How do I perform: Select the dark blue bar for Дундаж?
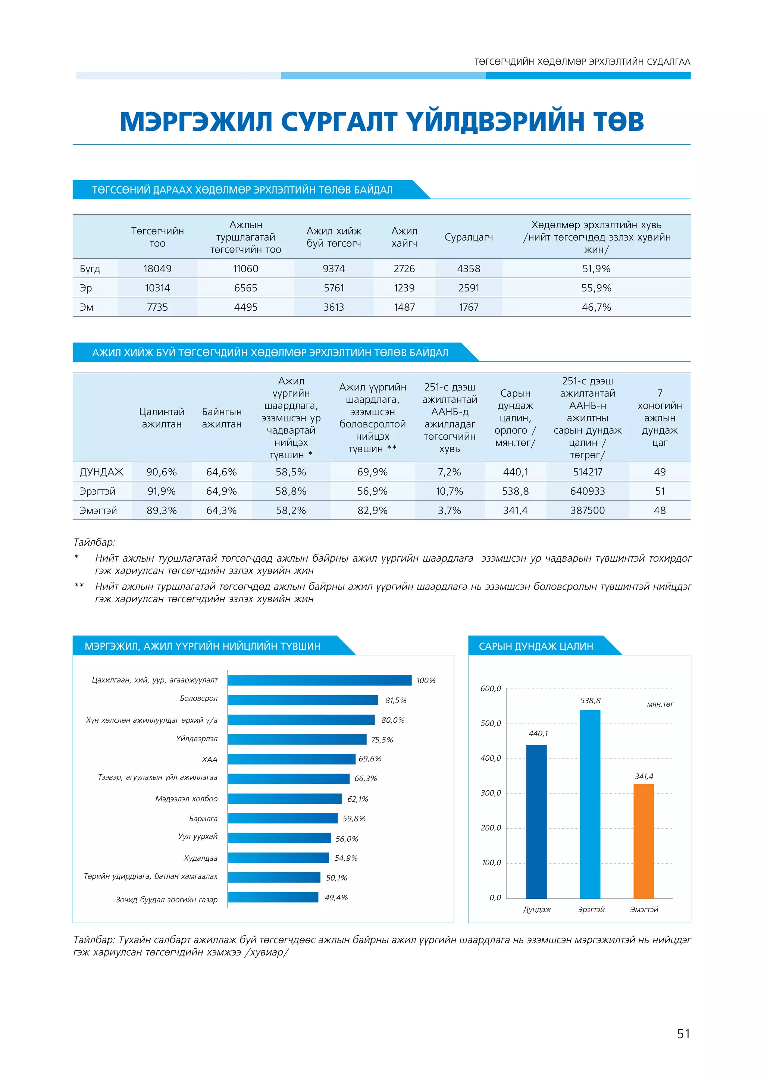point(536,822)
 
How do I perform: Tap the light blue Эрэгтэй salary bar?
point(590,804)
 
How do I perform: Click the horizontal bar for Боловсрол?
point(303,700)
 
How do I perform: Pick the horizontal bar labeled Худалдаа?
point(279,857)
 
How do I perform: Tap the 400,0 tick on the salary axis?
point(491,758)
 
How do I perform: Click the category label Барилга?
point(203,819)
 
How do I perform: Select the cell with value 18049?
point(157,269)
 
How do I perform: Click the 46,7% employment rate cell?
point(596,307)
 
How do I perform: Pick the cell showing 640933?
point(587,491)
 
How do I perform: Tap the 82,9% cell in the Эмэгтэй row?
point(372,511)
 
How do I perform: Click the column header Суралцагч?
point(469,237)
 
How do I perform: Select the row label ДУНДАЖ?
point(101,472)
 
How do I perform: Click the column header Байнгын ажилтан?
point(222,418)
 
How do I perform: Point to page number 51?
point(683,1033)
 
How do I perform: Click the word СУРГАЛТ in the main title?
point(339,122)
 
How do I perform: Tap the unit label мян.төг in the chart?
point(660,704)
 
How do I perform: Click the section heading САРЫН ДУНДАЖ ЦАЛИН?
point(536,646)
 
